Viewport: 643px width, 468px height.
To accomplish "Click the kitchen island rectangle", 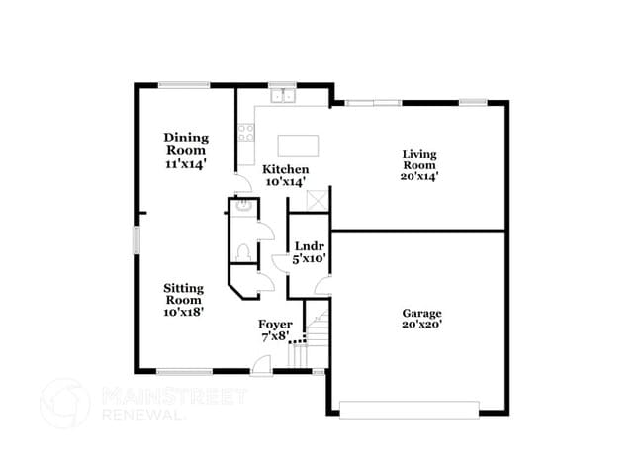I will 300,144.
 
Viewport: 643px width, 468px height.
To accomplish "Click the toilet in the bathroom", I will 241,251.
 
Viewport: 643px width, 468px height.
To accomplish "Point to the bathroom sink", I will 240,208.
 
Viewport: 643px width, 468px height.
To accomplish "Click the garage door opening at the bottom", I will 409,407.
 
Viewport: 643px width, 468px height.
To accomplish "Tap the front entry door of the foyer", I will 259,367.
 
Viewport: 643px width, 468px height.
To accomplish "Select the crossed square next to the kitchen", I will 319,199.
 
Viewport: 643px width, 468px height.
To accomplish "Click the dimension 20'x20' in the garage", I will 421,325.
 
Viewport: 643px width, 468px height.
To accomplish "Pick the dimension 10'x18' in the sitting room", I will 184,311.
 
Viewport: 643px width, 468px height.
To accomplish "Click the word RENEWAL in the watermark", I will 143,415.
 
